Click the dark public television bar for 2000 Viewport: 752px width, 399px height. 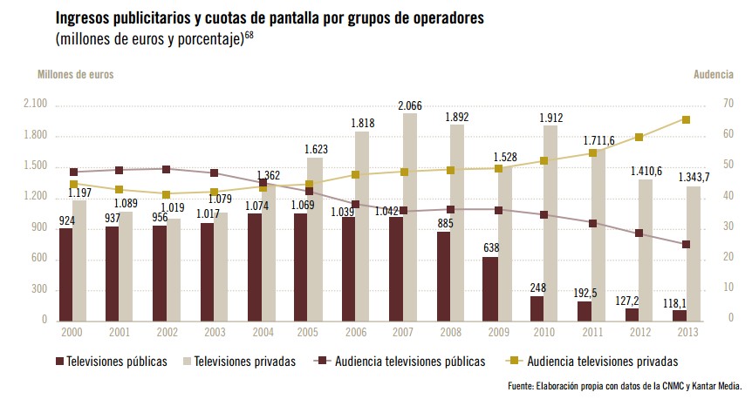pos(66,274)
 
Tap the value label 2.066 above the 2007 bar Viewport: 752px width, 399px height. pos(410,106)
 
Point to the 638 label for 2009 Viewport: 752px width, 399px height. pos(490,247)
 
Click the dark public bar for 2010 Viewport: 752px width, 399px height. pos(537,308)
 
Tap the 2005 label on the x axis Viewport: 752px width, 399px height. pos(307,333)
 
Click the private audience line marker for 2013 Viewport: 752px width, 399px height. pos(686,120)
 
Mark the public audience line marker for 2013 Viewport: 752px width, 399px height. pos(686,245)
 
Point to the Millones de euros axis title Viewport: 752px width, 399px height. pos(75,75)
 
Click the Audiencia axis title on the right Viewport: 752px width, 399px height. pos(713,75)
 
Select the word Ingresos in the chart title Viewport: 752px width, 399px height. pos(86,18)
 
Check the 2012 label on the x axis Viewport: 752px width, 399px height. pos(639,333)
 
